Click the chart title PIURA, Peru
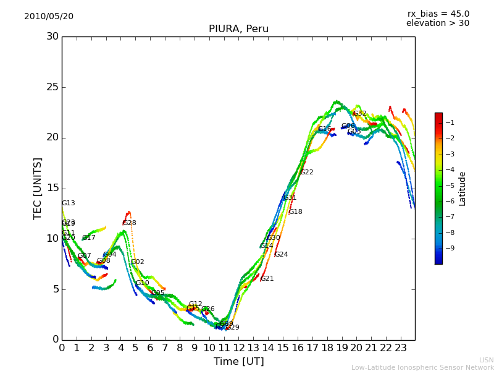pos(238,29)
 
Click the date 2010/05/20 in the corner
pos(49,16)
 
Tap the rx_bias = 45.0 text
pos(438,14)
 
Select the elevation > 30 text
pos(437,23)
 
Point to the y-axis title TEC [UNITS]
pos(38,188)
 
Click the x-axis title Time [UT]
pos(238,361)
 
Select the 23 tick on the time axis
pos(400,348)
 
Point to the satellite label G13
pos(68,203)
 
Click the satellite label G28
pos(129,223)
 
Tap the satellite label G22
pos(307,173)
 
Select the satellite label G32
pos(359,114)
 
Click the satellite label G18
pos(295,212)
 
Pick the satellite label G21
pos(267,279)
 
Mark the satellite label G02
pos(137,262)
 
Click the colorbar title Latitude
pos(462,189)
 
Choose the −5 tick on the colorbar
pos(451,185)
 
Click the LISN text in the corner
pos(486,360)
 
